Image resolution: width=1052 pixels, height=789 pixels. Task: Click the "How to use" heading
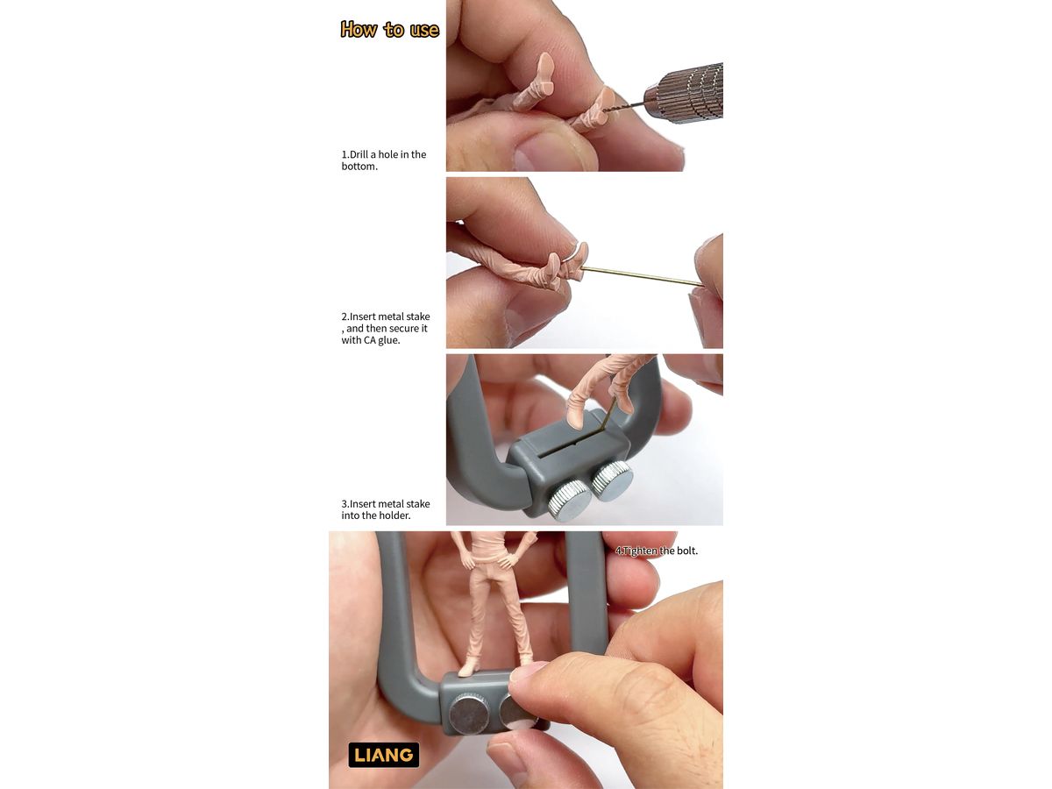pyautogui.click(x=389, y=30)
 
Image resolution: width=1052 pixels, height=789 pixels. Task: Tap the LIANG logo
pyautogui.click(x=383, y=755)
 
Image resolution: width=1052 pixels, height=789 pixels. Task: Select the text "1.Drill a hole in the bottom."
pyautogui.click(x=383, y=160)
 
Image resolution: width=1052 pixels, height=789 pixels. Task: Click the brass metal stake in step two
pyautogui.click(x=643, y=276)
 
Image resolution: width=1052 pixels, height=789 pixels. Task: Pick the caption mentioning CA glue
pyautogui.click(x=386, y=328)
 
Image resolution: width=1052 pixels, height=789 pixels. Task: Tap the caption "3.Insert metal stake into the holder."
pyautogui.click(x=386, y=509)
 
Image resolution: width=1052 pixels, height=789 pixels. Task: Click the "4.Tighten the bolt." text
pyautogui.click(x=656, y=551)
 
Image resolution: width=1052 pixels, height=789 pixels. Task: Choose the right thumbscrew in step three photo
pyautogui.click(x=612, y=480)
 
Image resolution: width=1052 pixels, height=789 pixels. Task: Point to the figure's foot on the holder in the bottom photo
pyautogui.click(x=470, y=668)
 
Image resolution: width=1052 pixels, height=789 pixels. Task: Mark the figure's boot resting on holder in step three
pyautogui.click(x=576, y=411)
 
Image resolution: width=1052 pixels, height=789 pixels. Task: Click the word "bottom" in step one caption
pyautogui.click(x=359, y=167)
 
